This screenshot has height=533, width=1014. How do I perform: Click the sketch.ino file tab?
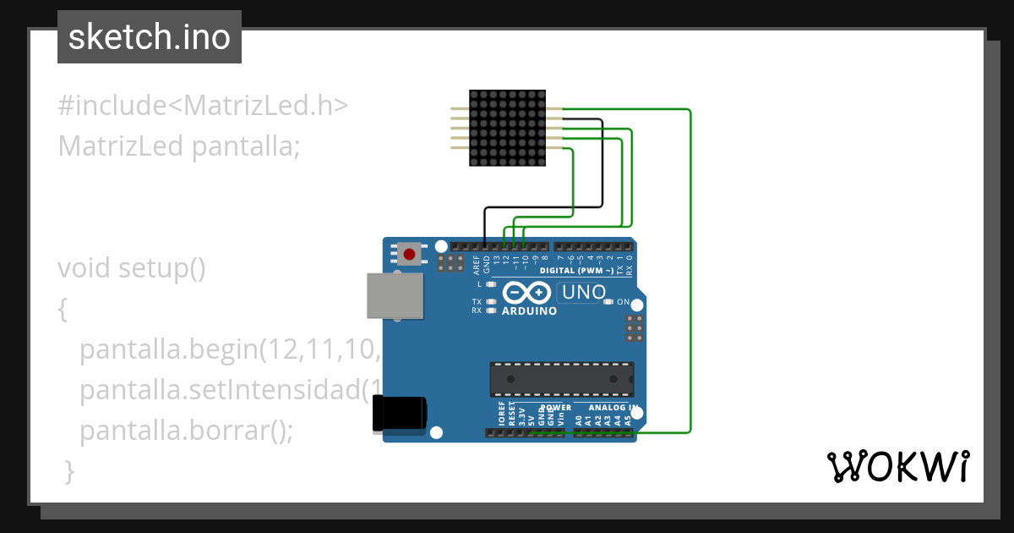(149, 37)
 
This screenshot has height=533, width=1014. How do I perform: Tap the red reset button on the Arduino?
(411, 253)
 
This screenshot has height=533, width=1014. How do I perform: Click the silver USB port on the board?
(395, 296)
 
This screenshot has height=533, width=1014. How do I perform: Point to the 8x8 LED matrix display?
(507, 128)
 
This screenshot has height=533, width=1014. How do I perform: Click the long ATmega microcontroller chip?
(562, 378)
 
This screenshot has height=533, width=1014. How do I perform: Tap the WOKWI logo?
(897, 466)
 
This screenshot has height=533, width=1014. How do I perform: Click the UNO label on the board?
(584, 293)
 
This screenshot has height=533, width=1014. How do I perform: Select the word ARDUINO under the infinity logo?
(530, 311)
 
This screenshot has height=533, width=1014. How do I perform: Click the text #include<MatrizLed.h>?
(203, 106)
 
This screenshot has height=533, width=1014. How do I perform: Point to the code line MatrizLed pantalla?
(179, 146)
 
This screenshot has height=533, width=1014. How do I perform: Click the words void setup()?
(132, 268)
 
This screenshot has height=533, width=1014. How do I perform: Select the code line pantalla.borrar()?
(186, 431)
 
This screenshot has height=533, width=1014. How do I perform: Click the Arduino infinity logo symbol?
(528, 293)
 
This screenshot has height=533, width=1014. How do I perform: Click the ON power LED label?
(623, 302)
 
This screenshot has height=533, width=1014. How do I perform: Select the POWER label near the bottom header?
(555, 408)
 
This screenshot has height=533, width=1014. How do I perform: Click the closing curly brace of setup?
(70, 471)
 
